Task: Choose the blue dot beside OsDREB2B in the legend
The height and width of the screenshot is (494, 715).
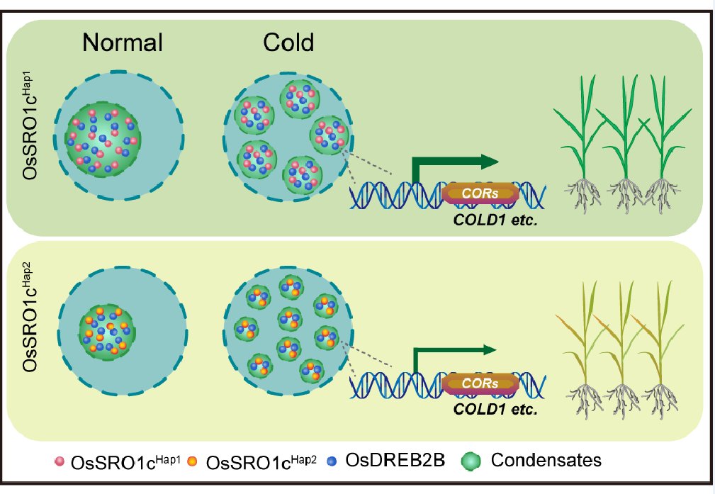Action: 334,462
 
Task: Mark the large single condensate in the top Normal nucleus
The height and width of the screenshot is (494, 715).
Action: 104,134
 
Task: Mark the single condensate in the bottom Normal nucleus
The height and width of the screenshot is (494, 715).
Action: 106,330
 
